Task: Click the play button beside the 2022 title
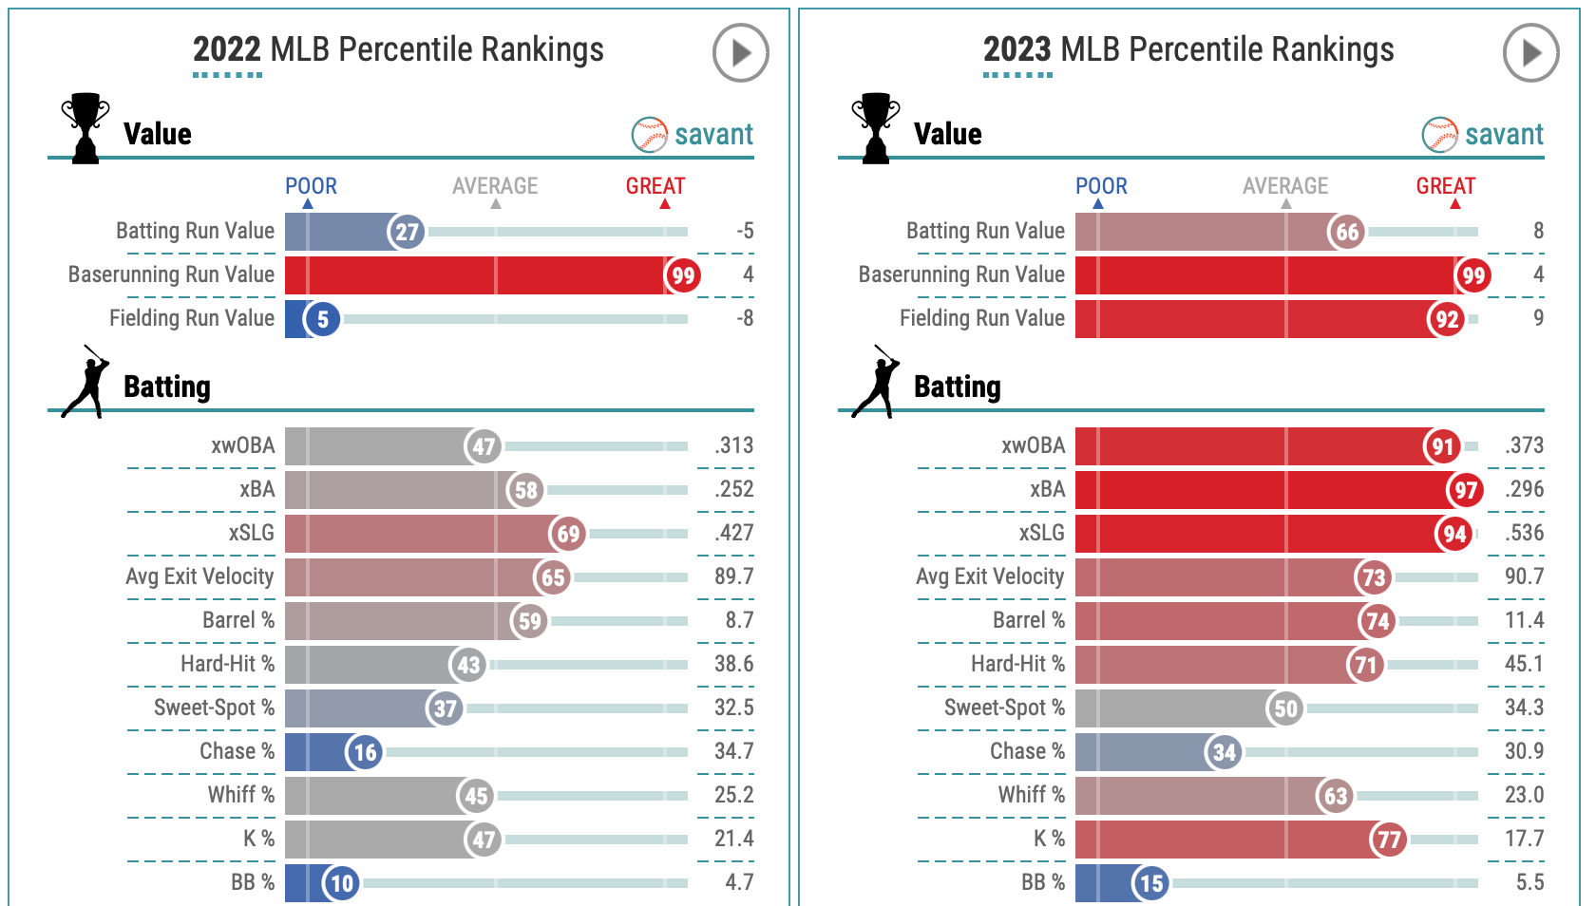click(740, 53)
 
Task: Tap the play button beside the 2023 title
click(1530, 53)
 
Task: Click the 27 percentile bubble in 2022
click(407, 232)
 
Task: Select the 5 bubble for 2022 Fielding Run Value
click(322, 319)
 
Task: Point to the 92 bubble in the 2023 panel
click(1447, 319)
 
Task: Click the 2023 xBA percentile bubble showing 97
click(1466, 490)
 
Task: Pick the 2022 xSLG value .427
click(734, 533)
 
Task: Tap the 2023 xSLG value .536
click(1525, 533)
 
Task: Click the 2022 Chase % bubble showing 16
click(365, 752)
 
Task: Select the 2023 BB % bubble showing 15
click(1151, 883)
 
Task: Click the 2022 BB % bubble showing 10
click(341, 883)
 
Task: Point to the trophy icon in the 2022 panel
click(85, 127)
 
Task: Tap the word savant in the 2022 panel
click(713, 135)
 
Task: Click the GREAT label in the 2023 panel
click(1445, 186)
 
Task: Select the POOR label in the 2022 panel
click(311, 186)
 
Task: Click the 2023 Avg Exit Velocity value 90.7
click(1524, 576)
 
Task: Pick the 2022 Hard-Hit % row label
click(227, 664)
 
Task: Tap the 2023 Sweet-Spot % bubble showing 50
click(1285, 708)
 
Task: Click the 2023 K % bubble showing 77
click(1389, 840)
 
